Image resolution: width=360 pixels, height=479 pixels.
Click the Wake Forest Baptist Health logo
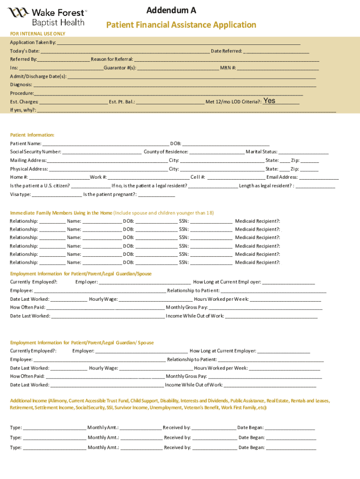[47, 17]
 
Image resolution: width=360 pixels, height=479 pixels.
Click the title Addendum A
[171, 10]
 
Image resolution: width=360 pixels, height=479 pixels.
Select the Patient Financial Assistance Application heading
[181, 25]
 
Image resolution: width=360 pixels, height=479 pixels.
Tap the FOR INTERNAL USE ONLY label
[38, 34]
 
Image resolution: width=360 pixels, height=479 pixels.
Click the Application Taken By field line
[178, 42]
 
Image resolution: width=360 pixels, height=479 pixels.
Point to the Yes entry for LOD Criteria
[270, 101]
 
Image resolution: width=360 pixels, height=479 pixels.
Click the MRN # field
[278, 68]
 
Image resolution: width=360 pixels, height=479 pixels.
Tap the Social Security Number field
[101, 152]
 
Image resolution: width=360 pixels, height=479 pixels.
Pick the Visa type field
[57, 195]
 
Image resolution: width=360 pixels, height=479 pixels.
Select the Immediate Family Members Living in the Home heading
[61, 213]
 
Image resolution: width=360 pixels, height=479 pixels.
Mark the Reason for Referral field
[227, 59]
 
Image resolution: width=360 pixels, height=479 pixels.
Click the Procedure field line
[169, 93]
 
